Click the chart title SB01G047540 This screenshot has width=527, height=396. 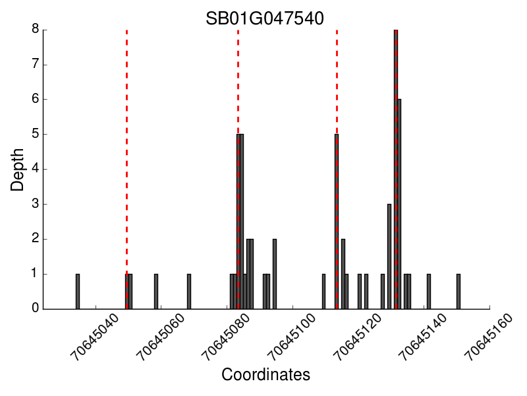pyautogui.click(x=265, y=18)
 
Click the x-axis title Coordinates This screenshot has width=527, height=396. pyautogui.click(x=265, y=375)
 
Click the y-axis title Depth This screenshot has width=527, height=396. pyautogui.click(x=18, y=169)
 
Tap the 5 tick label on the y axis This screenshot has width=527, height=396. pyautogui.click(x=36, y=135)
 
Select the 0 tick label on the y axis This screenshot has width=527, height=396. pyautogui.click(x=36, y=309)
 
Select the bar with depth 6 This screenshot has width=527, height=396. pyautogui.click(x=399, y=205)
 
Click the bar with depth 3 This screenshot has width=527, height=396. pyautogui.click(x=389, y=257)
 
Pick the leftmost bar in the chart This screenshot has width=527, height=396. pyautogui.click(x=78, y=292)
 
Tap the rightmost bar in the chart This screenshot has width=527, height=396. pyautogui.click(x=458, y=292)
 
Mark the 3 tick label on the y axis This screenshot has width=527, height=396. pyautogui.click(x=36, y=205)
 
